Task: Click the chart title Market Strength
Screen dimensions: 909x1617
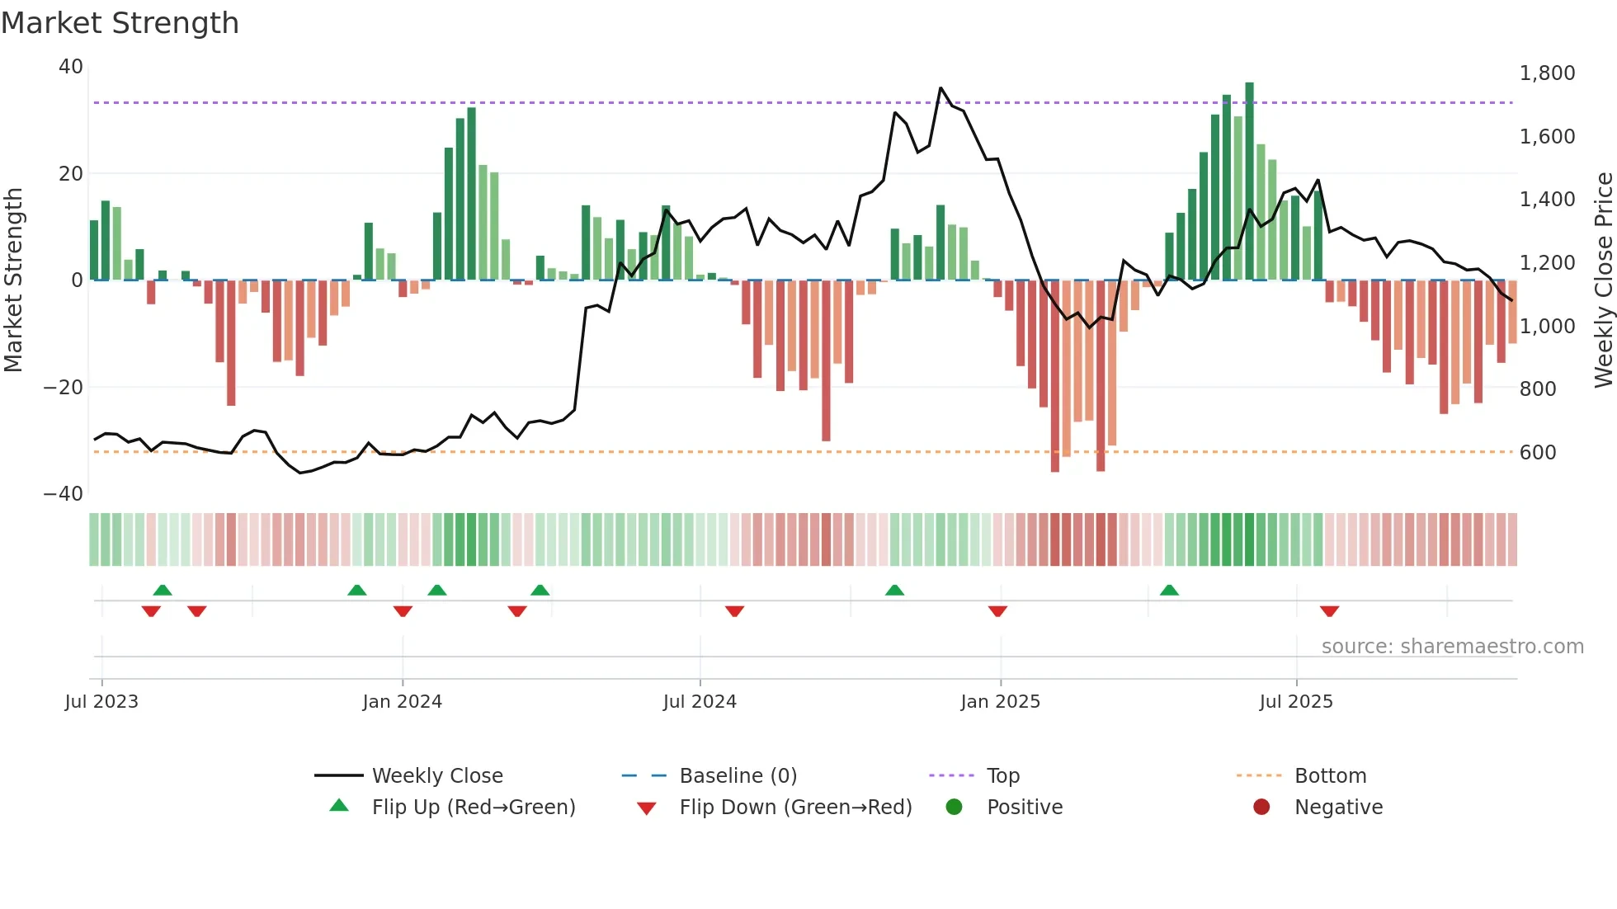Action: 120,23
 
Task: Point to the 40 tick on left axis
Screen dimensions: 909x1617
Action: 71,67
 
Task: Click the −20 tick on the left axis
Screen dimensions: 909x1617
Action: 64,387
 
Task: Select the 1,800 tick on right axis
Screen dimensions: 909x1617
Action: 1547,73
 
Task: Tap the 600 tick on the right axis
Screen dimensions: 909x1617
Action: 1537,452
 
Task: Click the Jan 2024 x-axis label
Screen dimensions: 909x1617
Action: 402,702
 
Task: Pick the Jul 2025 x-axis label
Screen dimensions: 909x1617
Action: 1295,702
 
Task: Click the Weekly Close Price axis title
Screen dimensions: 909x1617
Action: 1603,280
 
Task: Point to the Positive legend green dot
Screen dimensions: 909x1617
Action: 954,807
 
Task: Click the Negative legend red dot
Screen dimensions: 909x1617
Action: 1261,807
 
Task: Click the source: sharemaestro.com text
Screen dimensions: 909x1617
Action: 1452,647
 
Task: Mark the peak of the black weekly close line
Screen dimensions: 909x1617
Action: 940,87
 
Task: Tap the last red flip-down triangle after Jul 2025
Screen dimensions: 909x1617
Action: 1329,611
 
